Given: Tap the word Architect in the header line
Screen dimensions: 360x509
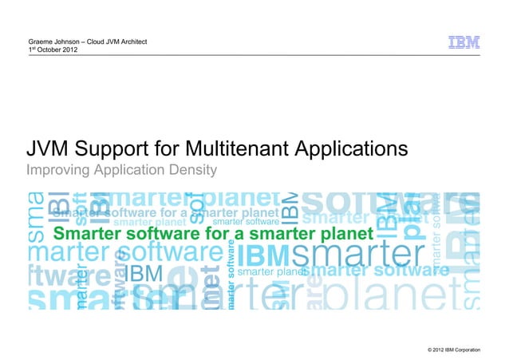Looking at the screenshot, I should click(x=129, y=41).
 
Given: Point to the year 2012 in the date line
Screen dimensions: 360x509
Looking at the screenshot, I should click(x=69, y=49).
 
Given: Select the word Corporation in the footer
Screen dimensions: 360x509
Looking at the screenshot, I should click(x=477, y=350).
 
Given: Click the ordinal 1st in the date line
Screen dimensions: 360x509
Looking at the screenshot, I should click(x=32, y=49).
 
